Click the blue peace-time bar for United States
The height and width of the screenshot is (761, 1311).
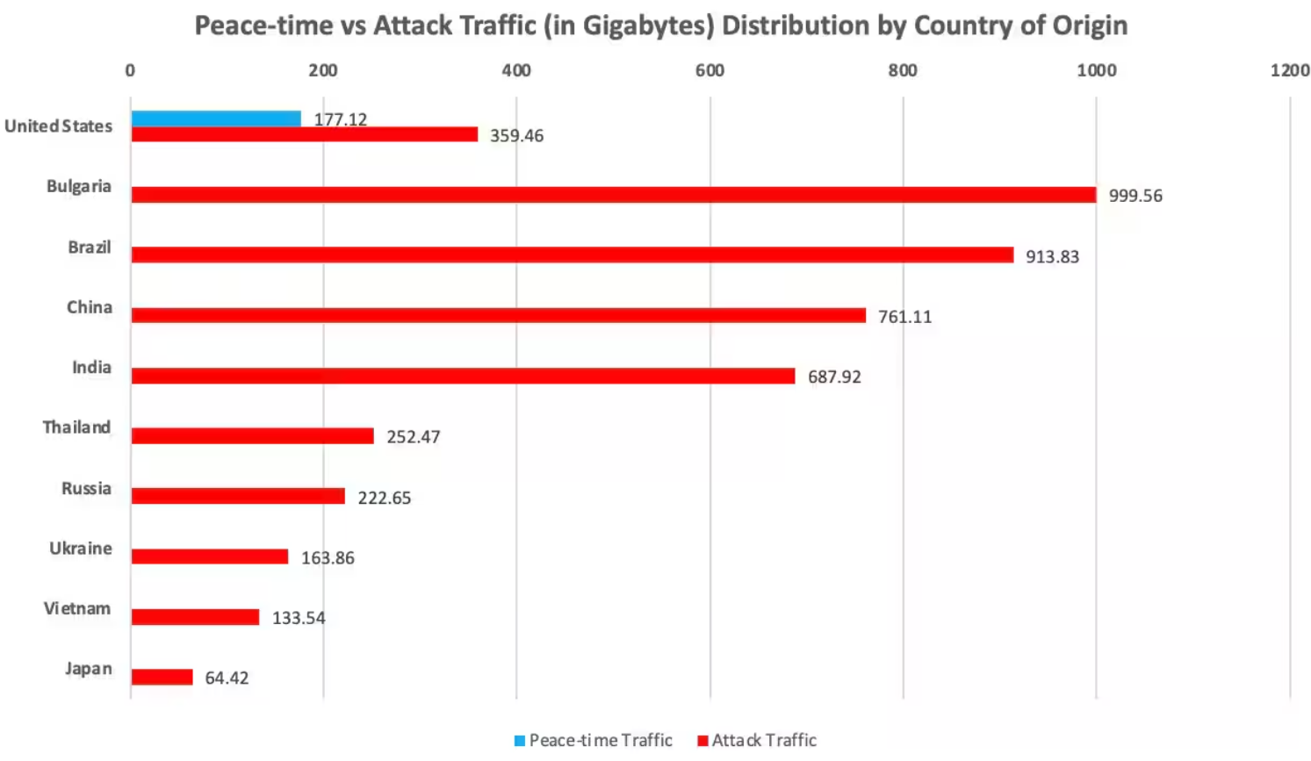[x=216, y=118]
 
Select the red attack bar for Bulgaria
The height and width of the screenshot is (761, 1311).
[x=614, y=195]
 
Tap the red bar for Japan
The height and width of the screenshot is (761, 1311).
[x=162, y=677]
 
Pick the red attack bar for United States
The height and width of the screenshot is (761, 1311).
[x=305, y=134]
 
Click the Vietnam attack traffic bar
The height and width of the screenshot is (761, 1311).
[x=195, y=617]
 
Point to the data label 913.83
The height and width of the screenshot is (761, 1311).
[x=1052, y=256]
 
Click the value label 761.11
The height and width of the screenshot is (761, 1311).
[x=904, y=317]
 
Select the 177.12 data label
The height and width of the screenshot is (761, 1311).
[x=341, y=119]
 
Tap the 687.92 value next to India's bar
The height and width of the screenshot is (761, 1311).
[x=834, y=377]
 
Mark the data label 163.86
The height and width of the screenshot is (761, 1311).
[x=328, y=558]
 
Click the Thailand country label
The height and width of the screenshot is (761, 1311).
[x=77, y=427]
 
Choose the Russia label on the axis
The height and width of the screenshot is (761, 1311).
[x=86, y=488]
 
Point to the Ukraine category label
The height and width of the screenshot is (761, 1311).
[x=81, y=549]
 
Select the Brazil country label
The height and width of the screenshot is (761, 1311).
[x=90, y=248]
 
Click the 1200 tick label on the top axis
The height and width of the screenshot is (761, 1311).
[x=1289, y=70]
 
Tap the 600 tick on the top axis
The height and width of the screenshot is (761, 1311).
[x=710, y=70]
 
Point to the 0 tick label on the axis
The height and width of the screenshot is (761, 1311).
[x=130, y=70]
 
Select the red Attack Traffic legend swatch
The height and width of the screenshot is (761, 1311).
[x=702, y=741]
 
